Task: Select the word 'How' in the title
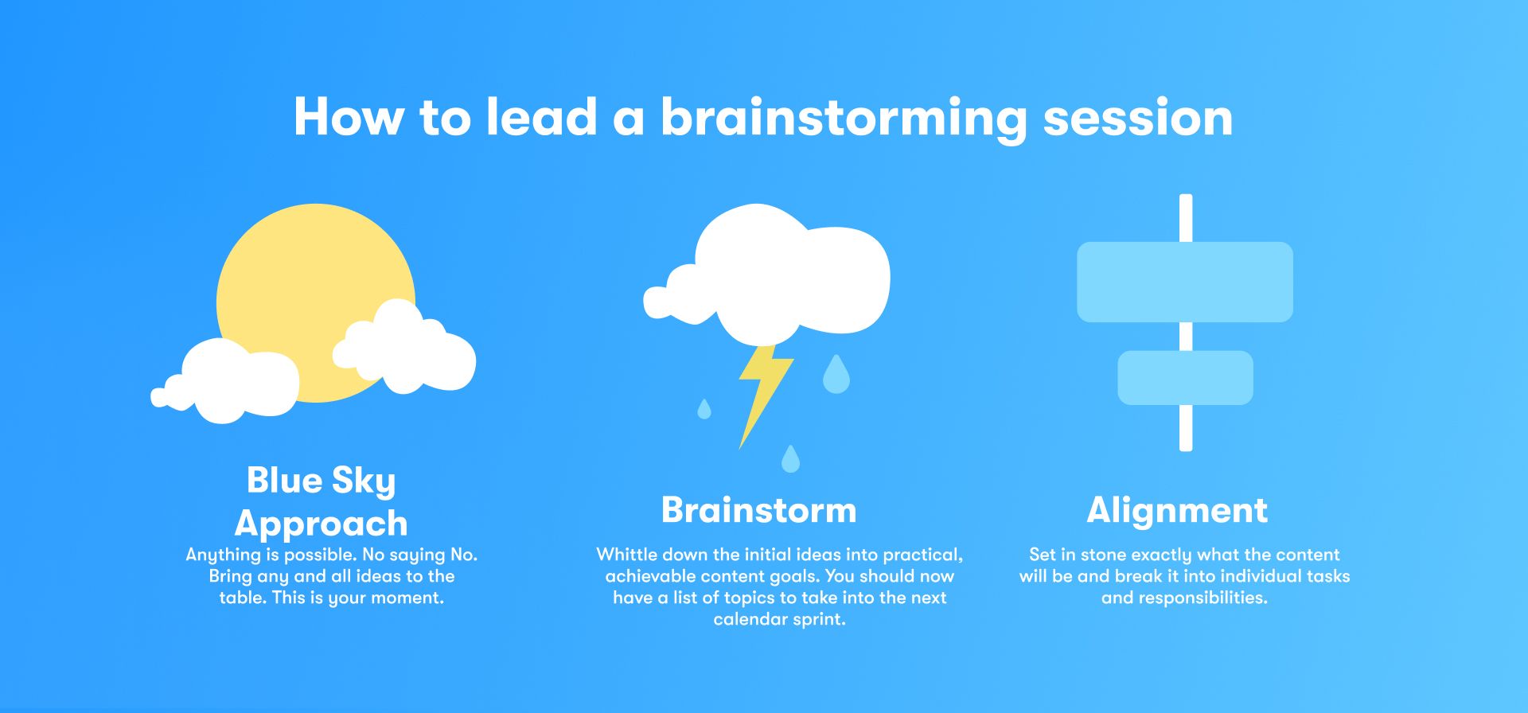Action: pos(349,117)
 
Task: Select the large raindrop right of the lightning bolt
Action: pos(836,376)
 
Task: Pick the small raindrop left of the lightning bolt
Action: pos(704,410)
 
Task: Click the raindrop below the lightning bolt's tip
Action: pos(790,460)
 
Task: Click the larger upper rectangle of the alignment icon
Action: pos(1185,282)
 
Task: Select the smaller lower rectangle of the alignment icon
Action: pos(1186,378)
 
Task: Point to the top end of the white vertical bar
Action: pos(1186,196)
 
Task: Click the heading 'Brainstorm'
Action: pos(759,510)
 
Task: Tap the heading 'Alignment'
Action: pos(1177,511)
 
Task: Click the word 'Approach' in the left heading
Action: pos(322,524)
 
